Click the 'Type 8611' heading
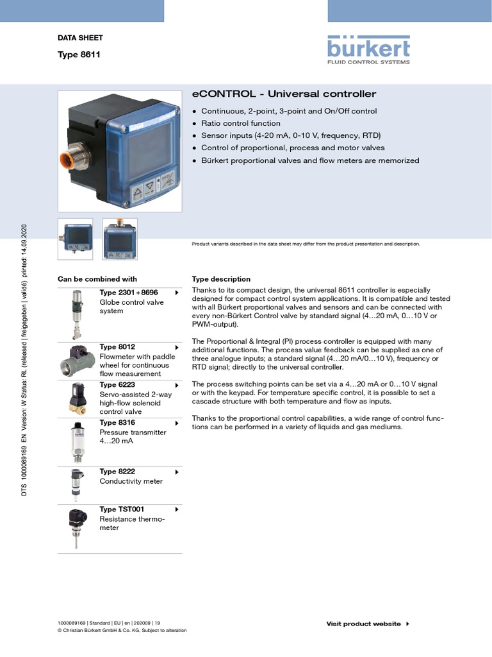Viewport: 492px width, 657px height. tap(79, 55)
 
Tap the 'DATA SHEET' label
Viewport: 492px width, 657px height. tap(80, 38)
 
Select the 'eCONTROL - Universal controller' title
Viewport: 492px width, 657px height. tap(284, 94)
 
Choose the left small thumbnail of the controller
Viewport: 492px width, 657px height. tap(76, 239)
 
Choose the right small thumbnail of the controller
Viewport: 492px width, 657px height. tap(120, 239)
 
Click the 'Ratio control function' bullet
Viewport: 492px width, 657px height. tap(240, 123)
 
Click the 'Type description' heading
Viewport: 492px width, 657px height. tap(221, 279)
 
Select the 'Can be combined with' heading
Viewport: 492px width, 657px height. tap(97, 279)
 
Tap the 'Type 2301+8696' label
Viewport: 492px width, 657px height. tap(128, 293)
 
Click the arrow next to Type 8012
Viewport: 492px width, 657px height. tap(176, 347)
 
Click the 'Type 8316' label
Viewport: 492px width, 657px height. tap(117, 423)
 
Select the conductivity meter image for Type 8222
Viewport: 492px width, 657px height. tap(76, 484)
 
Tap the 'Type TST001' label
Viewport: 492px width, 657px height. tap(122, 509)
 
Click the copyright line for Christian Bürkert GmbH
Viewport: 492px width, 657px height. tap(122, 631)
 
